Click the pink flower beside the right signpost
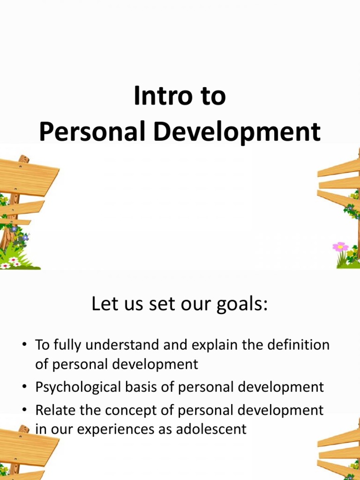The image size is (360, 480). pos(340,247)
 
